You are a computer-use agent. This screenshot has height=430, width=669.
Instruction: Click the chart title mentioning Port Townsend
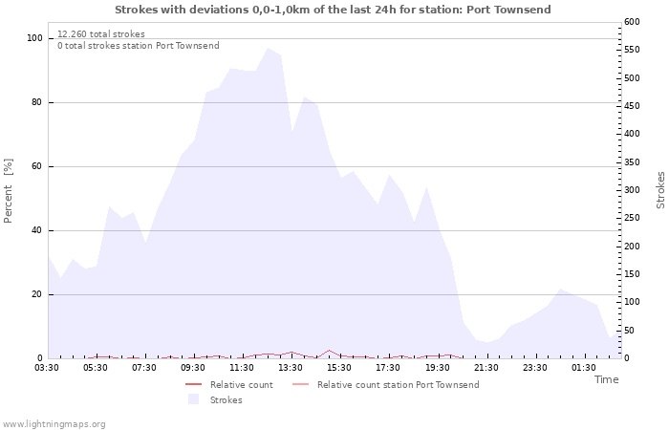[x=333, y=10]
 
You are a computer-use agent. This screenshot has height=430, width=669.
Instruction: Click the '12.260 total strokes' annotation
[x=101, y=34]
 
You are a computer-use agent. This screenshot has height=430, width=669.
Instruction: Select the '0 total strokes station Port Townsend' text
[x=138, y=46]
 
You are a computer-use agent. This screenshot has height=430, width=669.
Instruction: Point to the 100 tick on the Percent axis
[x=34, y=38]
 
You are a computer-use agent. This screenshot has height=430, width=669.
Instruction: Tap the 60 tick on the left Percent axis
[x=36, y=166]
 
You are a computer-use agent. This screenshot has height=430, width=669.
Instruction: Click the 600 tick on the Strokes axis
[x=634, y=22]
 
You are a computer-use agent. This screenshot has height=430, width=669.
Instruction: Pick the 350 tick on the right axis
[x=634, y=162]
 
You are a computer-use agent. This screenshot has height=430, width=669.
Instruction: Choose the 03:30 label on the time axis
[x=48, y=368]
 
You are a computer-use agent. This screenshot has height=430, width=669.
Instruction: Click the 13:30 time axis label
[x=291, y=368]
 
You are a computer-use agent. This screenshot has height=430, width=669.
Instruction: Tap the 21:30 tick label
[x=486, y=368]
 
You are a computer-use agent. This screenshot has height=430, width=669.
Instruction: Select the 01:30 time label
[x=584, y=368]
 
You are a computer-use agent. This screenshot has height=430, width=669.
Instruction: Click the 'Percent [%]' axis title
[x=9, y=191]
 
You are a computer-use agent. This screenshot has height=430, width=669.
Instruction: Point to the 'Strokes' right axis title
[x=660, y=190]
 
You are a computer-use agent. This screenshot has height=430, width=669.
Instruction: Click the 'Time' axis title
[x=606, y=379]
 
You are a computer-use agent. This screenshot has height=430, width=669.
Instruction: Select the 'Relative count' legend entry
[x=242, y=385]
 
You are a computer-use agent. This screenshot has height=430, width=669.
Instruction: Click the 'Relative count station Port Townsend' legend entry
[x=398, y=385]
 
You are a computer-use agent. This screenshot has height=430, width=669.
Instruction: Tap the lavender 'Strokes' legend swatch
[x=194, y=399]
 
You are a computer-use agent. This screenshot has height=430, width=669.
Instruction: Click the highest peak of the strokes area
[x=268, y=48]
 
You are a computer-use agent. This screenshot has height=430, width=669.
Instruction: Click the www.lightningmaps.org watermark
[x=54, y=423]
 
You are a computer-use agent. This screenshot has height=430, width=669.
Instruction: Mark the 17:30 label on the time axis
[x=389, y=368]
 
